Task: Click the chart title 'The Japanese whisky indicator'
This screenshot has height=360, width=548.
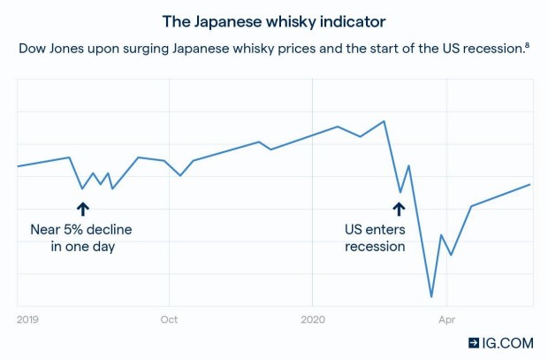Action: click(x=274, y=19)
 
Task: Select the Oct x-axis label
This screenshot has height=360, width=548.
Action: click(x=168, y=318)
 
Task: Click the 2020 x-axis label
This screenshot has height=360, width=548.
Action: click(x=314, y=318)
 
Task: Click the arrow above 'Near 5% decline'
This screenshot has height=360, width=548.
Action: click(x=82, y=208)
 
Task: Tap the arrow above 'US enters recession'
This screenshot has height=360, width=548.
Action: click(x=399, y=208)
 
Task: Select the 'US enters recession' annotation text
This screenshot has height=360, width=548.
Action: click(x=375, y=238)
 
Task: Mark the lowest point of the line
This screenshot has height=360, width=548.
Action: click(x=431, y=297)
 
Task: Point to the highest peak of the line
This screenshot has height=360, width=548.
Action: click(x=384, y=121)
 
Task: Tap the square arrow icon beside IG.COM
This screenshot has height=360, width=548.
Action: click(x=475, y=341)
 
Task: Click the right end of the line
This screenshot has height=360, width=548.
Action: click(x=529, y=184)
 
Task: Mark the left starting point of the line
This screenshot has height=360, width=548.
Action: click(x=19, y=165)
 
